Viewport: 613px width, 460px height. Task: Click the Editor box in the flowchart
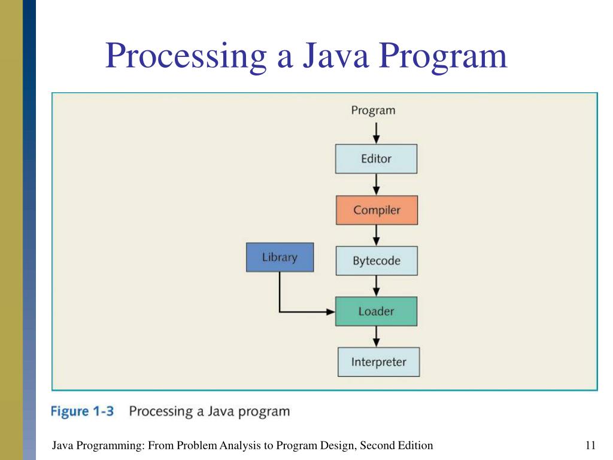(x=376, y=159)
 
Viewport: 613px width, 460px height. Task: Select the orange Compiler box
(x=377, y=210)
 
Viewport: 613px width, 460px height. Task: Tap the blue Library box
(x=280, y=258)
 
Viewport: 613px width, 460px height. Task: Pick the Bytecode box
(x=377, y=261)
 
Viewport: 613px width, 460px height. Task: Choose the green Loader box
(x=376, y=311)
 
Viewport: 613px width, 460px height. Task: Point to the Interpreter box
(x=378, y=362)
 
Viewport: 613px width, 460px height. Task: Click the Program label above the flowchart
(x=373, y=110)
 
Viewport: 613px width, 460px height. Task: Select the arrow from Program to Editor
(x=376, y=132)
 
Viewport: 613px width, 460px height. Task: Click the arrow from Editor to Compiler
(x=376, y=184)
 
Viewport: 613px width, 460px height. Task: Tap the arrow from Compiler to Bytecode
(x=376, y=235)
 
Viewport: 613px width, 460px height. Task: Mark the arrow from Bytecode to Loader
(x=376, y=286)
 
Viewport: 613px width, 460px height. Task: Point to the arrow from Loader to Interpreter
(x=376, y=336)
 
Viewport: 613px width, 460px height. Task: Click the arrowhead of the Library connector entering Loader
(x=330, y=311)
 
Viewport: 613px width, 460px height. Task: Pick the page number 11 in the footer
(x=591, y=445)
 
